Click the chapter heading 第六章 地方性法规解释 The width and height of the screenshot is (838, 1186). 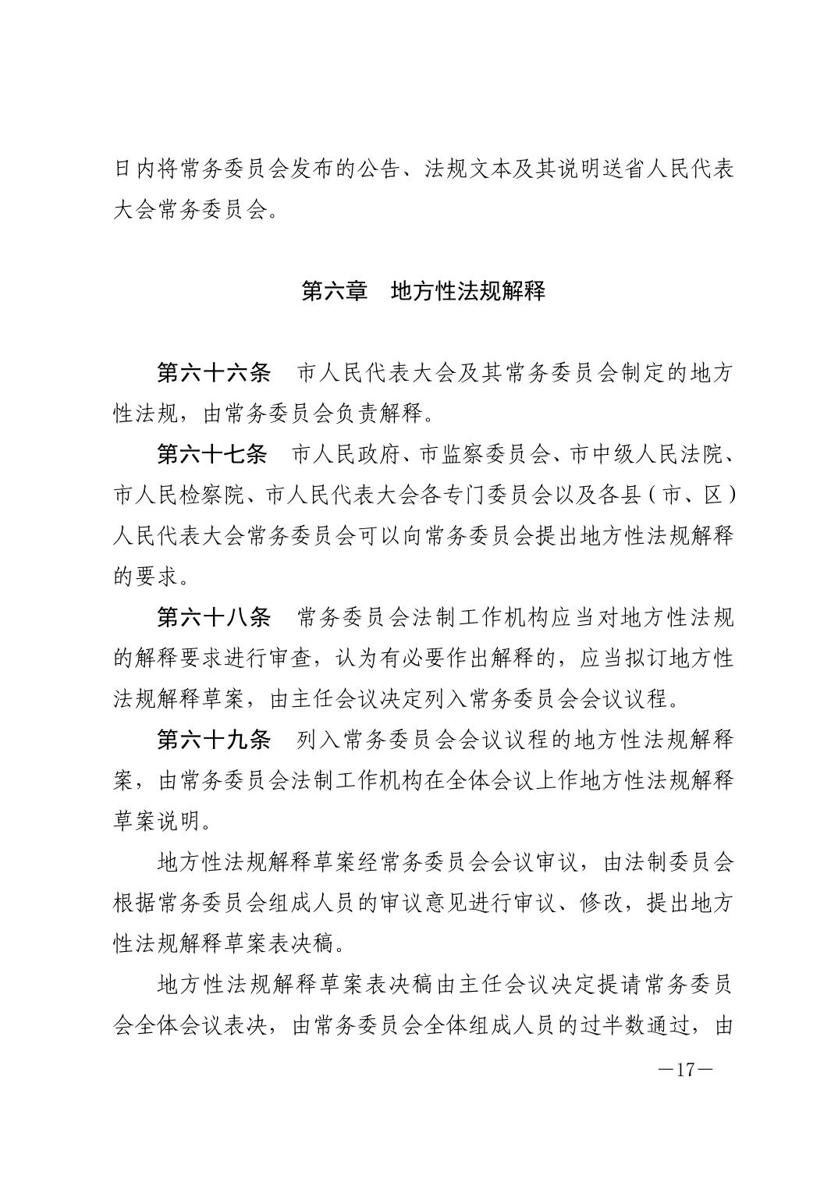423,292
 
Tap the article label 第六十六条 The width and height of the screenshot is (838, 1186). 213,373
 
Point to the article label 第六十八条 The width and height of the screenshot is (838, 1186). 213,617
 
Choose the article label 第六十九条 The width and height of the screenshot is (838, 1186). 213,739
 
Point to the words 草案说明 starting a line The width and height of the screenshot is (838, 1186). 157,820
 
